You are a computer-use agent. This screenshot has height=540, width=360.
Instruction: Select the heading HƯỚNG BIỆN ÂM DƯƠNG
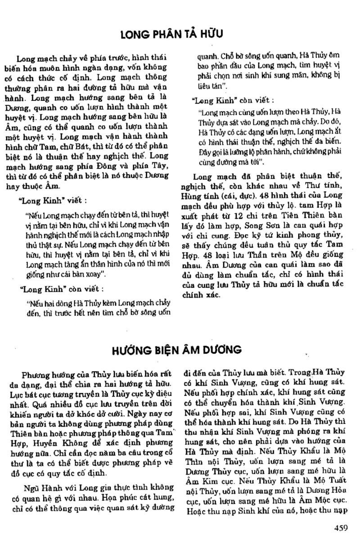tap(179, 349)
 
